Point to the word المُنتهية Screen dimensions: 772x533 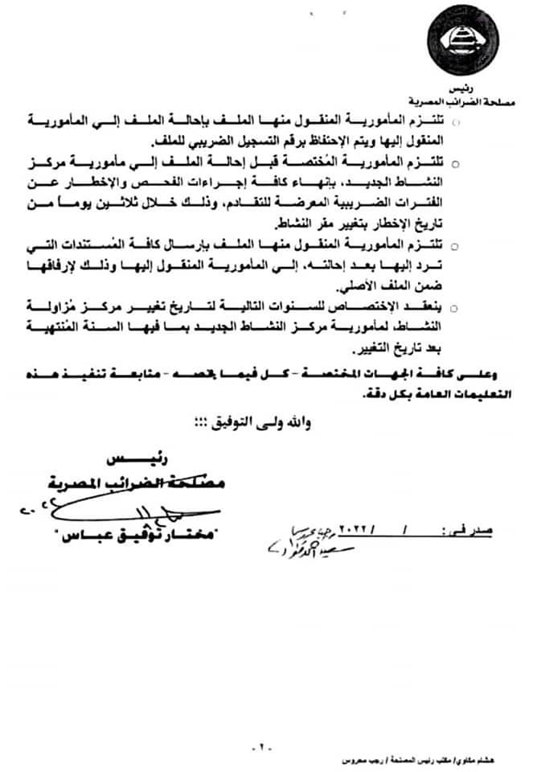tap(56, 327)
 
